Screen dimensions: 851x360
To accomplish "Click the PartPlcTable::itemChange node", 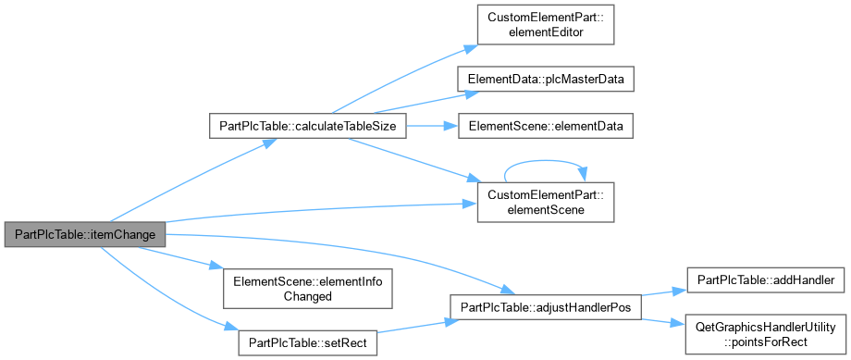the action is pyautogui.click(x=85, y=234).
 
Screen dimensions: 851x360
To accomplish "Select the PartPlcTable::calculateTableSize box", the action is pyautogui.click(x=308, y=126).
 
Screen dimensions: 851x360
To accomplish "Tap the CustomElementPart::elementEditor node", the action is pyautogui.click(x=546, y=25).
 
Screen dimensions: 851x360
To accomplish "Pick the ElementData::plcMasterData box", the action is pyautogui.click(x=546, y=81).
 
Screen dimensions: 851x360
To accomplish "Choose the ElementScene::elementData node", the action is pyautogui.click(x=546, y=126).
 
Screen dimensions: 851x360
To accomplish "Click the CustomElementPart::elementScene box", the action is pyautogui.click(x=546, y=202).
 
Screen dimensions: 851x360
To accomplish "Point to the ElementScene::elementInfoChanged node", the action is pyautogui.click(x=307, y=289).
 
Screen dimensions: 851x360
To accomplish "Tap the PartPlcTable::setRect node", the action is pyautogui.click(x=308, y=343).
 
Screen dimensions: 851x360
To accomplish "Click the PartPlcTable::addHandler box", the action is pyautogui.click(x=765, y=280).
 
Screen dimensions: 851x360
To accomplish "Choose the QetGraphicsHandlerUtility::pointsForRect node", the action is pyautogui.click(x=765, y=334).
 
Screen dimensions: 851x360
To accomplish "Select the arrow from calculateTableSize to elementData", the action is pyautogui.click(x=432, y=126).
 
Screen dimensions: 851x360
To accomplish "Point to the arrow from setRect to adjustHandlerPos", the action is pyautogui.click(x=413, y=328).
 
